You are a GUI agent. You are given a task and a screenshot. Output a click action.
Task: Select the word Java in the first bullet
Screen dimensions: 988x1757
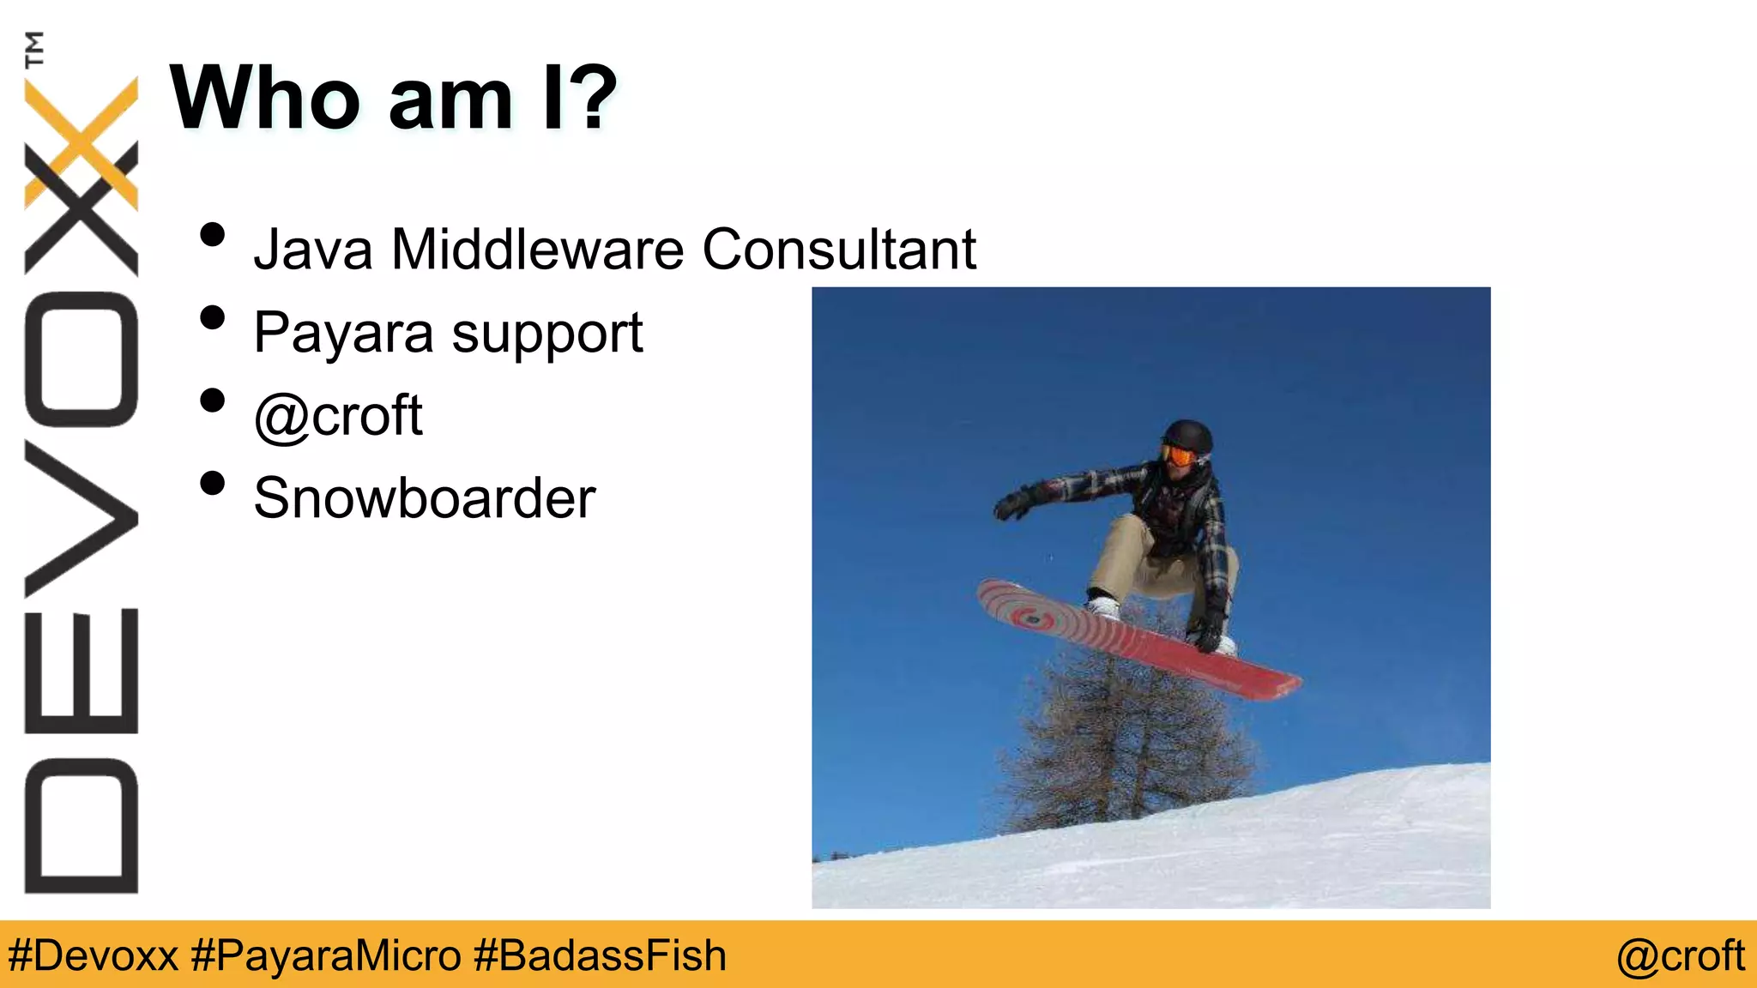coord(313,250)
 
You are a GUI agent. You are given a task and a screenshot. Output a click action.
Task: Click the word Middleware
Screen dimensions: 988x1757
coord(538,250)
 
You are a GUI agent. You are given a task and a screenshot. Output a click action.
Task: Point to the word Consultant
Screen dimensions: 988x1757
coord(839,250)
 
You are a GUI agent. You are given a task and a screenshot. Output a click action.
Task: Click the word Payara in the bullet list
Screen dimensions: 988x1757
coord(343,334)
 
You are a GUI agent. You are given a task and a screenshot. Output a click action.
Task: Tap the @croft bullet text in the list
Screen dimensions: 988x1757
coord(339,416)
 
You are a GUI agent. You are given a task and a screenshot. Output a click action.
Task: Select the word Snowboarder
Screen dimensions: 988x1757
coord(425,498)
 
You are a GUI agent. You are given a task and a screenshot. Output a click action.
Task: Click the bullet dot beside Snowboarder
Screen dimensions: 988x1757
coord(212,484)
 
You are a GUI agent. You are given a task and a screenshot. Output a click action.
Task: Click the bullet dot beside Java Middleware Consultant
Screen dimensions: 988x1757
coord(212,235)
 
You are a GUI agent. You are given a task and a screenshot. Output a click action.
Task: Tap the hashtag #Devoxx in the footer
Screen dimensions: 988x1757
coord(93,955)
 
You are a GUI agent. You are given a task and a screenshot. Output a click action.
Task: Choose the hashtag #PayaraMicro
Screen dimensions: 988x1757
coord(326,955)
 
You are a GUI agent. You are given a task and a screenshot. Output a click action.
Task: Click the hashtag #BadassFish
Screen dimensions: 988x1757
coord(600,955)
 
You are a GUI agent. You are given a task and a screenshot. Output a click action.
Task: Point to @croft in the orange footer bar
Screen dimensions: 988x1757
coord(1680,955)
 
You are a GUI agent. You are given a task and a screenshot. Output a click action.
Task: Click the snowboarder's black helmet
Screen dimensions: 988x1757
coord(1189,435)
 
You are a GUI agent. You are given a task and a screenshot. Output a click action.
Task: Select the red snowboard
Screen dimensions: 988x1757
coord(1141,639)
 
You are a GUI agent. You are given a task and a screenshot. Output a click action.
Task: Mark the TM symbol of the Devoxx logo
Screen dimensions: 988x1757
coord(34,49)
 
